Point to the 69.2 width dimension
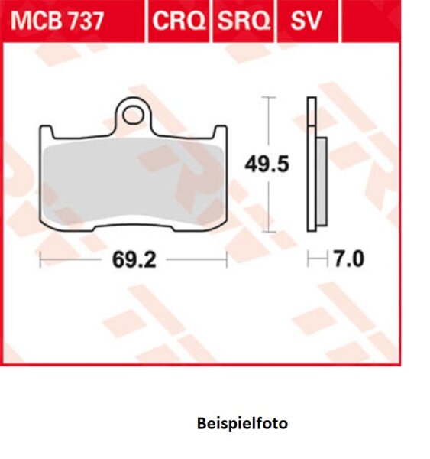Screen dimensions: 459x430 (x=134, y=260)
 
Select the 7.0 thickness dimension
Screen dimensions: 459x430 (x=348, y=260)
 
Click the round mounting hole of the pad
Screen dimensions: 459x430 (x=134, y=115)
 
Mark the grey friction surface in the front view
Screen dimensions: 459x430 (x=134, y=181)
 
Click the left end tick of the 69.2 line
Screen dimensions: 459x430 (x=40, y=260)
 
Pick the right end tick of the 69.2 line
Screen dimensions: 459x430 (x=227, y=260)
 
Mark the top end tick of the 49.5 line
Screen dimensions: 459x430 (x=267, y=98)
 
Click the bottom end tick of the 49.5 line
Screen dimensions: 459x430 (x=267, y=230)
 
